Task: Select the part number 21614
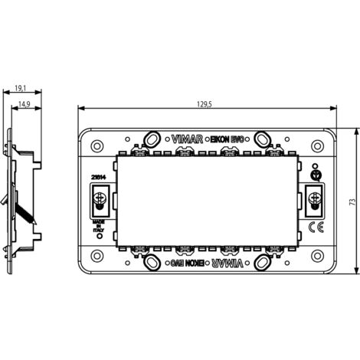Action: point(99,177)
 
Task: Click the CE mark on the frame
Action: point(313,227)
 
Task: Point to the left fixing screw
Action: point(99,201)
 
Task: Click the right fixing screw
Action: point(313,201)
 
